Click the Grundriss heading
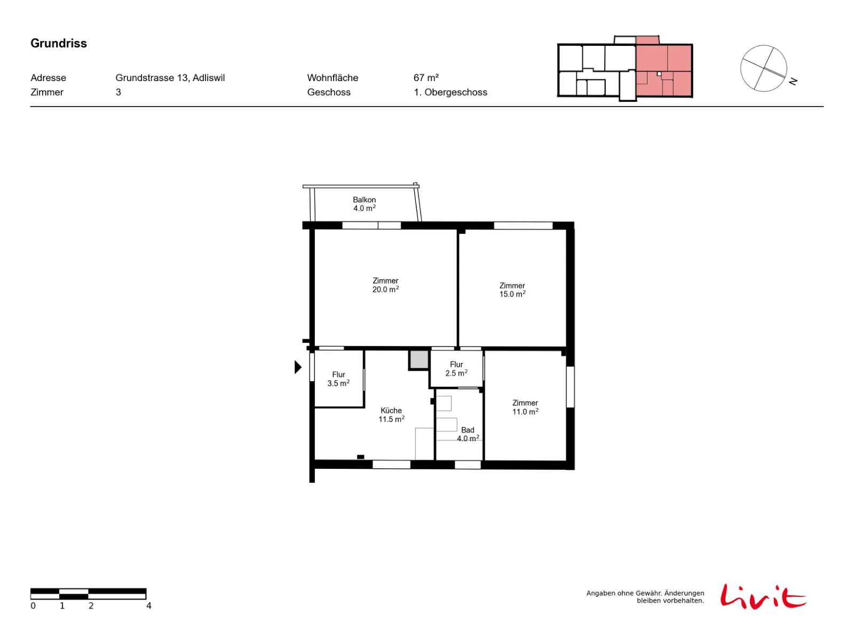point(58,43)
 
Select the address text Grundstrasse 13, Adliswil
point(170,78)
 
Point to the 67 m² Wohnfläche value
point(425,78)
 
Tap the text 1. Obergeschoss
point(449,92)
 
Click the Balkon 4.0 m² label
point(363,203)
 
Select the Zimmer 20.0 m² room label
point(385,284)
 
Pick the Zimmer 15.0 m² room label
point(511,289)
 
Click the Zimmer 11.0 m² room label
point(524,406)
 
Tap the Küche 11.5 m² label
point(391,414)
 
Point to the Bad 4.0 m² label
point(467,433)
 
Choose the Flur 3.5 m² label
point(338,378)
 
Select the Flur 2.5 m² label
point(456,368)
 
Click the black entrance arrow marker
point(297,366)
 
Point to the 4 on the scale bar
point(148,605)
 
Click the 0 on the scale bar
point(33,605)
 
